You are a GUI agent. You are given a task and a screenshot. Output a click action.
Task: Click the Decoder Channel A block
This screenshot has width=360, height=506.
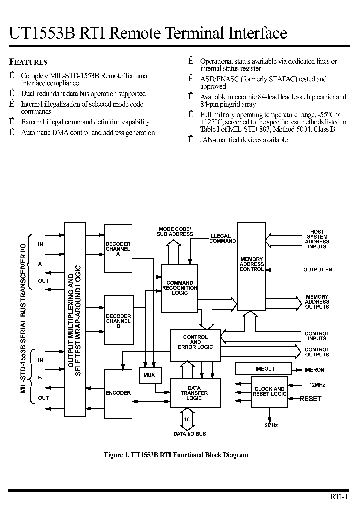(118, 248)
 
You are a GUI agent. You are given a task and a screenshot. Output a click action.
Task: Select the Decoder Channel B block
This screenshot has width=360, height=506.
(118, 320)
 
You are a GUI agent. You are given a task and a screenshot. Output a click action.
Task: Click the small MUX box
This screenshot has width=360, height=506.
(149, 375)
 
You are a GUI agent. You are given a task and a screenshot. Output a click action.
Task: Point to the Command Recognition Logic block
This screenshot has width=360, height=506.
(180, 288)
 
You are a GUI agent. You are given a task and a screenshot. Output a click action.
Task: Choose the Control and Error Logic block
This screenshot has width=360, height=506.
(195, 342)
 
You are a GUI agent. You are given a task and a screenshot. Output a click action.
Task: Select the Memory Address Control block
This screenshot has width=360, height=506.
(251, 264)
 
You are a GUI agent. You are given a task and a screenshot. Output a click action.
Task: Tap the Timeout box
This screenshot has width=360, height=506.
(264, 369)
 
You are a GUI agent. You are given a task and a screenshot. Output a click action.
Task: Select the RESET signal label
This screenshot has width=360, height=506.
(310, 399)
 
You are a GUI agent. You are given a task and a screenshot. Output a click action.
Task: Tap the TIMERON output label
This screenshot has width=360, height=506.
(313, 370)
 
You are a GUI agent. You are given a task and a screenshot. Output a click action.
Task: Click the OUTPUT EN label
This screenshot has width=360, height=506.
(318, 270)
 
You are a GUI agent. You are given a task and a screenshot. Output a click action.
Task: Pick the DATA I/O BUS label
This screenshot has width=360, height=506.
(189, 434)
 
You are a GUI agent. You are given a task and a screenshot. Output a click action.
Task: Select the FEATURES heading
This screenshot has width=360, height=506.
(29, 62)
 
